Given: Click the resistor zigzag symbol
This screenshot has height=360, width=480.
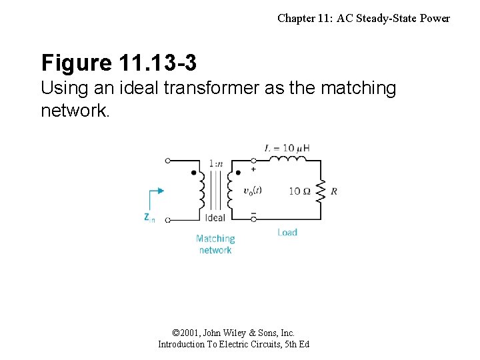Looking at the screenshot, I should click(x=321, y=191).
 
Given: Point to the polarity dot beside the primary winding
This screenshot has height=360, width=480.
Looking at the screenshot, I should click(x=194, y=173).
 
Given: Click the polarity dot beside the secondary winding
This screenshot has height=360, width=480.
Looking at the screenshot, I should click(x=238, y=173).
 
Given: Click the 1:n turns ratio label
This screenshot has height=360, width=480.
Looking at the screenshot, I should click(x=215, y=163).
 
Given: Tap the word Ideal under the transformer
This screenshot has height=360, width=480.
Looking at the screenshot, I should click(x=215, y=217).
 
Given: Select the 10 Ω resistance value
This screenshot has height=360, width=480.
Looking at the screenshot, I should click(x=299, y=191).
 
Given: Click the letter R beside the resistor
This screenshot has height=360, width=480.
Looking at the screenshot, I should click(x=334, y=191).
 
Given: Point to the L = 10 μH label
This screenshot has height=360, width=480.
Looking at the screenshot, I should click(x=287, y=147).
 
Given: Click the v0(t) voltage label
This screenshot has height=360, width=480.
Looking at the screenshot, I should click(x=253, y=190).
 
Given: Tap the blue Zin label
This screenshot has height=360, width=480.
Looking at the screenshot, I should click(x=149, y=217).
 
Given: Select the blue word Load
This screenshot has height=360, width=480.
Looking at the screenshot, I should click(x=287, y=232).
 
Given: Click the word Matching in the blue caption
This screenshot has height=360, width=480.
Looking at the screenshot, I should click(x=215, y=239).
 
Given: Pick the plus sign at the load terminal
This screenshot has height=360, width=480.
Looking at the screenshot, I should click(x=253, y=169).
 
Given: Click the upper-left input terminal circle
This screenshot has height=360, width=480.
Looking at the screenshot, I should click(x=168, y=161).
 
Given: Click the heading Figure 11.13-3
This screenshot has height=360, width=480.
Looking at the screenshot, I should click(x=119, y=63).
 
